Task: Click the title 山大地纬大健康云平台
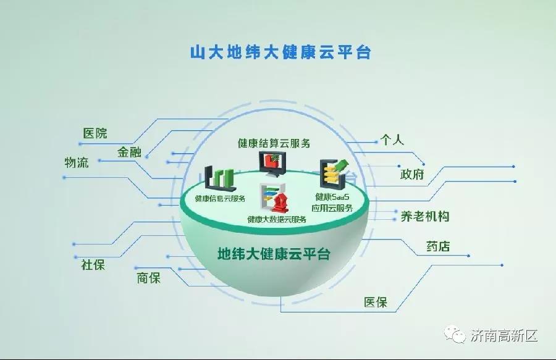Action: point(280,52)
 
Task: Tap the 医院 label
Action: point(95,133)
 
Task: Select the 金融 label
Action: point(130,152)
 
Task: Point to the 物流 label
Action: point(76,162)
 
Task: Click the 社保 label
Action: point(93,265)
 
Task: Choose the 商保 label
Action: point(149,277)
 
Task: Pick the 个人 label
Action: point(392,140)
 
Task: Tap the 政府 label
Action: point(412,174)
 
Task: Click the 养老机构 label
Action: point(425,216)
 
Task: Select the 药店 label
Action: point(438,246)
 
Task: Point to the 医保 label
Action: point(376,302)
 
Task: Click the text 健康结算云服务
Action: point(274,143)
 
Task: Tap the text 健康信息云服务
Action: point(220,198)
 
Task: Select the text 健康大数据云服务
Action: point(277,219)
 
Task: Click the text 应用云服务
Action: point(332,208)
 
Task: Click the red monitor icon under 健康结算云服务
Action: point(272,164)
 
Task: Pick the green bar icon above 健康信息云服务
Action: point(221,178)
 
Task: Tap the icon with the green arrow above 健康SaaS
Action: point(334,174)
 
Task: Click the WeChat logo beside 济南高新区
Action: point(455,335)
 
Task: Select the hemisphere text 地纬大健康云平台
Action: point(274,254)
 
